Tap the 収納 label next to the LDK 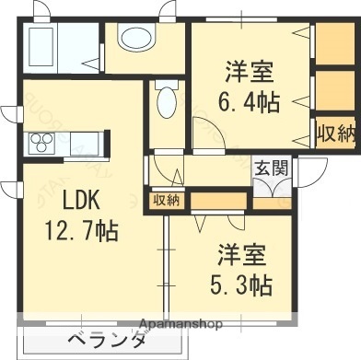point(166,200)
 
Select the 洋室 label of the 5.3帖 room point(242,254)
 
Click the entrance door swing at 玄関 point(271,187)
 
